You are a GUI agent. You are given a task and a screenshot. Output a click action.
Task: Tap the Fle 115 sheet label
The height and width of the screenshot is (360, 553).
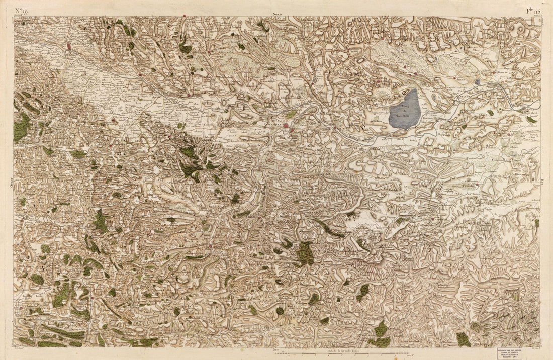(532, 10)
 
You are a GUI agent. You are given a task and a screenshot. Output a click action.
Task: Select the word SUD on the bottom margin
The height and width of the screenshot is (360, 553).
(275, 348)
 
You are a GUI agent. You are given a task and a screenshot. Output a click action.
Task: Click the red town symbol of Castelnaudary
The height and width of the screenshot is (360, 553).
(69, 47)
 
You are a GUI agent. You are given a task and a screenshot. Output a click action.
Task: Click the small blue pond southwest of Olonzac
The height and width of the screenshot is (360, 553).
(477, 81)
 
